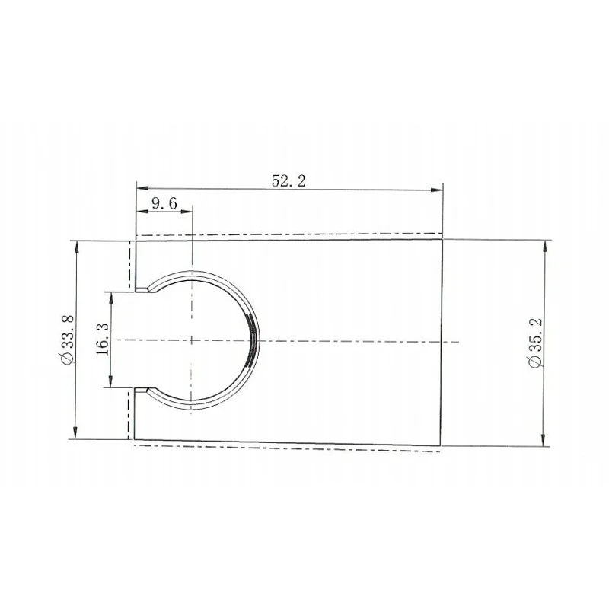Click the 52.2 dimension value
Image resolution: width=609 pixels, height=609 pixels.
[289, 180]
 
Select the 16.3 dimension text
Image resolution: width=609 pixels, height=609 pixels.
[104, 339]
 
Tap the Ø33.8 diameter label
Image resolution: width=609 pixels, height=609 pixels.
[66, 340]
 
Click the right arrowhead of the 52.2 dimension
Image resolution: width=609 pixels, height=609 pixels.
[438, 189]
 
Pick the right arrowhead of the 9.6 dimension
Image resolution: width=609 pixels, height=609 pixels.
[188, 211]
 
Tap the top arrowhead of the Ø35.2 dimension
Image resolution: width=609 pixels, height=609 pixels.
[544, 244]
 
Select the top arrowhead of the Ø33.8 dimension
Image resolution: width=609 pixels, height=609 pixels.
[78, 246]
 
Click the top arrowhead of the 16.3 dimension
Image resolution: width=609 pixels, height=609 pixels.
[112, 296]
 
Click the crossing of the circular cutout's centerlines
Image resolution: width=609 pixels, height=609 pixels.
[193, 340]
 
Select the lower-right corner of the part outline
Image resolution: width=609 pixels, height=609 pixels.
[443, 445]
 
